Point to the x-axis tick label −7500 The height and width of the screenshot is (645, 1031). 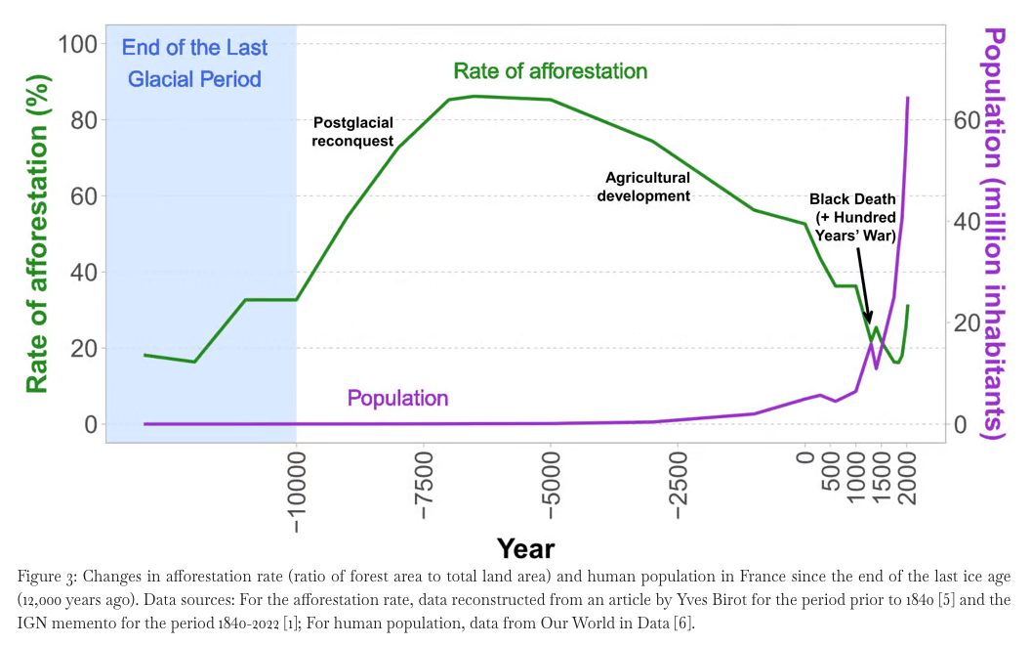pos(424,493)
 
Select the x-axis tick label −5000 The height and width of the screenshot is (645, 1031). pos(551,493)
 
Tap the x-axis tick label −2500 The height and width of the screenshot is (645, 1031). pos(679,493)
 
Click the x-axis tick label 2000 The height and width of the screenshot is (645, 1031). pos(907,479)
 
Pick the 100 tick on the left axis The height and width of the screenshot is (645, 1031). pos(77,44)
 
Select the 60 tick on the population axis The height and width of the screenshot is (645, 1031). pos(965,120)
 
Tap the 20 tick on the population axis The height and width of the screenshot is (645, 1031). pos(965,323)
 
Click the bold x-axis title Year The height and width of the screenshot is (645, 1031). pos(525,548)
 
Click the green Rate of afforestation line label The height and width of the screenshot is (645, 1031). pos(550,71)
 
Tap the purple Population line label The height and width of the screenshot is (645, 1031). pos(397,399)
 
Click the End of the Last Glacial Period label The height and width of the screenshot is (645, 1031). pos(195,63)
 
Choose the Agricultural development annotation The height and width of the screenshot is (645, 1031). pos(647,187)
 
